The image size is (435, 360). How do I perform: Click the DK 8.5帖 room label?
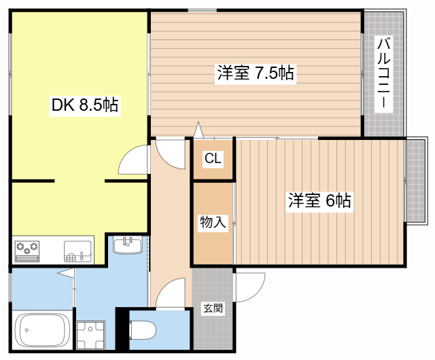point(85,105)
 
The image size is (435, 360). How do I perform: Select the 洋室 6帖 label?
point(319,201)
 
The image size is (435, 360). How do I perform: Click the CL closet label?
point(212,160)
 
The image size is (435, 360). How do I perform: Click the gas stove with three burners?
point(28,251)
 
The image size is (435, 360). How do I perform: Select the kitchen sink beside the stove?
point(77,251)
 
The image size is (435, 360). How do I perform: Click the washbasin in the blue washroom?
point(127,245)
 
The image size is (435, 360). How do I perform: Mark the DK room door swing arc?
point(133,161)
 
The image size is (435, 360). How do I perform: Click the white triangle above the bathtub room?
point(66,273)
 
